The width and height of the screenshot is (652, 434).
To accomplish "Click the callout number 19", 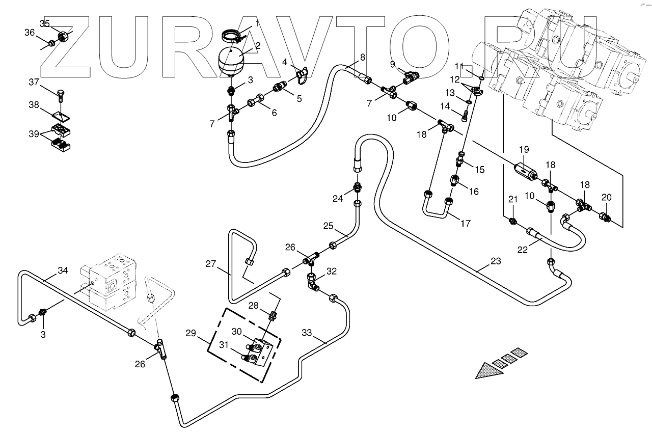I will click(x=524, y=150).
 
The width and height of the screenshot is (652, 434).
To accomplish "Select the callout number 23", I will click(x=496, y=261).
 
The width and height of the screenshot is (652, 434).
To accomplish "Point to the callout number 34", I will click(x=63, y=270).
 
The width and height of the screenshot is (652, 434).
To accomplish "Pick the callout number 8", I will click(x=362, y=58).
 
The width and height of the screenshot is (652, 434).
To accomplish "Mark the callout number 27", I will click(x=211, y=264).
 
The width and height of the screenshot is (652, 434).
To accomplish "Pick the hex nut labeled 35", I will click(x=63, y=37).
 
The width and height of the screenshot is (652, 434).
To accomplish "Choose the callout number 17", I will click(x=465, y=223).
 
